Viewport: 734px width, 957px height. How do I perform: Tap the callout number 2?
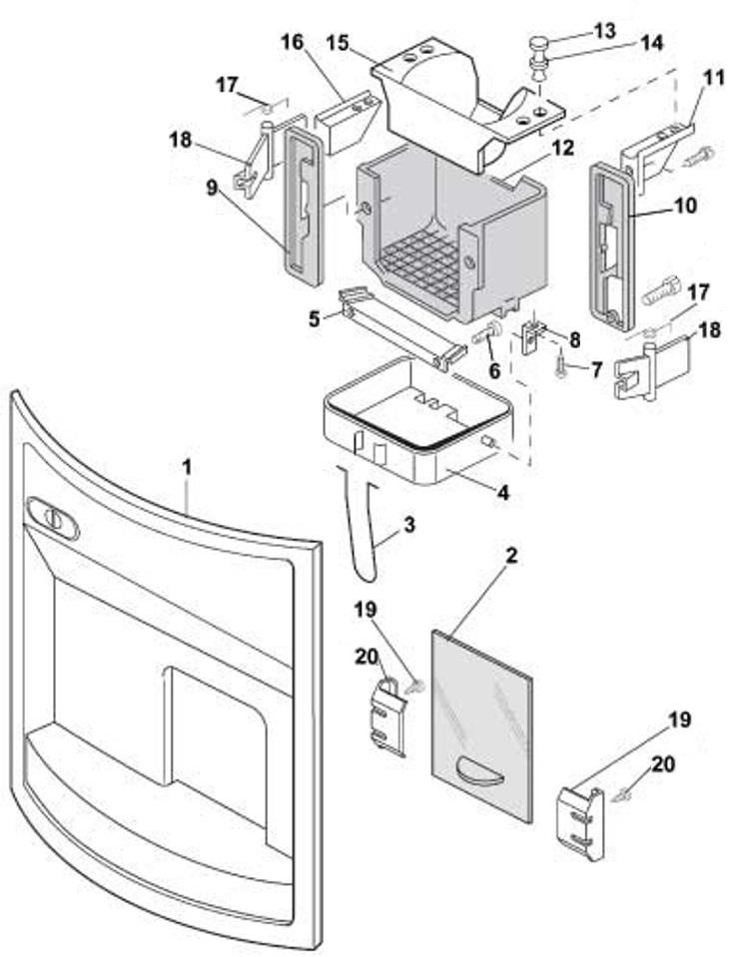(x=510, y=557)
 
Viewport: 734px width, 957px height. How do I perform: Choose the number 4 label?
(x=504, y=492)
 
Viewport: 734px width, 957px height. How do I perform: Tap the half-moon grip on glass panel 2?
(x=478, y=769)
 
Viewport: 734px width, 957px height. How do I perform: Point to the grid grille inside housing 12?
(x=419, y=263)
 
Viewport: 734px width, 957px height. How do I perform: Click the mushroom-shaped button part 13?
(x=538, y=45)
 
